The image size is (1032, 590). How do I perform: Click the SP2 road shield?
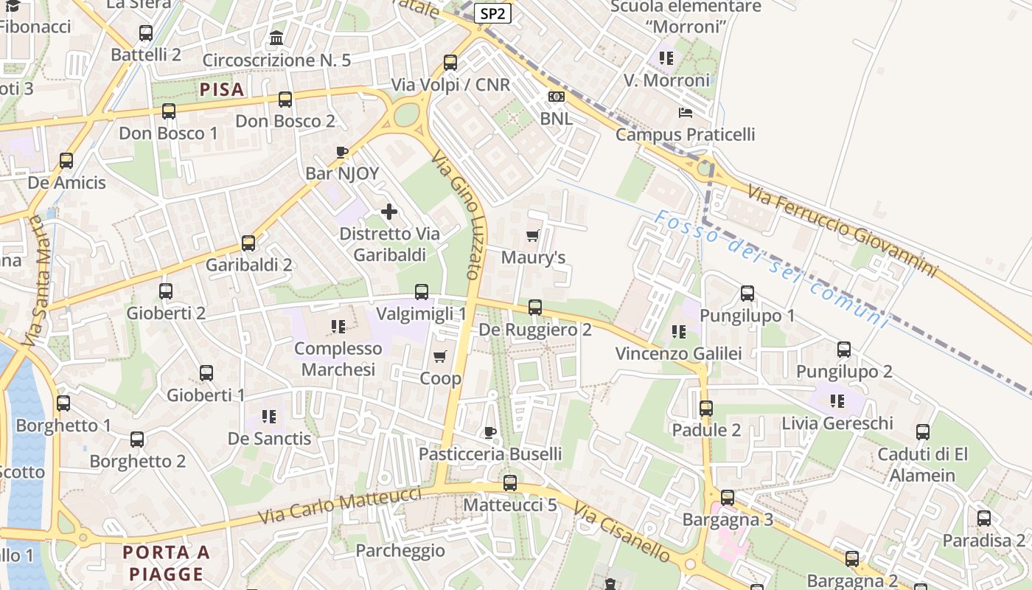click(x=493, y=13)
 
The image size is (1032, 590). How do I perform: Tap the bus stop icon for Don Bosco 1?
click(x=169, y=111)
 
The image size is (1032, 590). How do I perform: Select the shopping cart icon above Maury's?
click(x=533, y=236)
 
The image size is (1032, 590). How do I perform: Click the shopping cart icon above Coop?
click(x=440, y=357)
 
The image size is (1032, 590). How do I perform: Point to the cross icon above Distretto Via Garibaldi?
click(x=389, y=212)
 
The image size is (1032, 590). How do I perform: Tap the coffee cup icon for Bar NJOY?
click(x=342, y=153)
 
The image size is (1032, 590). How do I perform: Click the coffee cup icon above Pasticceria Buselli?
click(x=489, y=432)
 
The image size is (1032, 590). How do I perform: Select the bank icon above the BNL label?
click(x=557, y=97)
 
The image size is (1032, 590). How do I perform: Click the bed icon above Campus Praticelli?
click(x=686, y=113)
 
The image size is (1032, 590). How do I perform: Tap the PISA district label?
click(x=221, y=90)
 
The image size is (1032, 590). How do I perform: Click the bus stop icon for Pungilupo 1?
click(x=747, y=294)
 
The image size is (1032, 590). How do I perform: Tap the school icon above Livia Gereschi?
click(x=837, y=401)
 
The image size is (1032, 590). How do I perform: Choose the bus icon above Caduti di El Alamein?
click(x=923, y=432)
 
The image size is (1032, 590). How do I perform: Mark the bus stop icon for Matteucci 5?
click(x=510, y=483)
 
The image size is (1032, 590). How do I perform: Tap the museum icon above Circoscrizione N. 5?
click(x=276, y=38)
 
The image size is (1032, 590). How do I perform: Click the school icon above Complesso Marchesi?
click(x=338, y=326)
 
